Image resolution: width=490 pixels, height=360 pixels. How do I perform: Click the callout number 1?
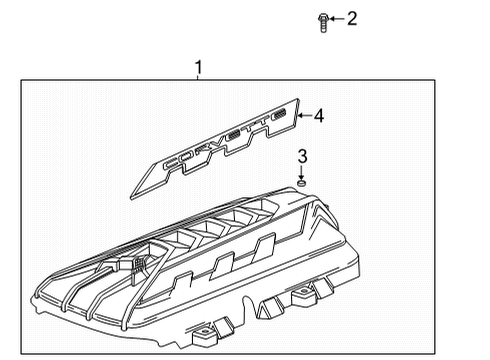(x=198, y=68)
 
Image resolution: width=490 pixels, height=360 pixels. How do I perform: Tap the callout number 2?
(x=351, y=18)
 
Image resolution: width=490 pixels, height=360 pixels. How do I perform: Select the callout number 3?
(x=303, y=156)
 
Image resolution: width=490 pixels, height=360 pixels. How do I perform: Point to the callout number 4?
(x=318, y=116)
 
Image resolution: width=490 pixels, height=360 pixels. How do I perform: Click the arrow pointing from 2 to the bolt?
(x=337, y=19)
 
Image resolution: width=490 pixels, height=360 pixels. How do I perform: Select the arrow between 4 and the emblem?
(x=305, y=116)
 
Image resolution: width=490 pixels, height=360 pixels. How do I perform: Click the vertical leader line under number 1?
(x=198, y=79)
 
